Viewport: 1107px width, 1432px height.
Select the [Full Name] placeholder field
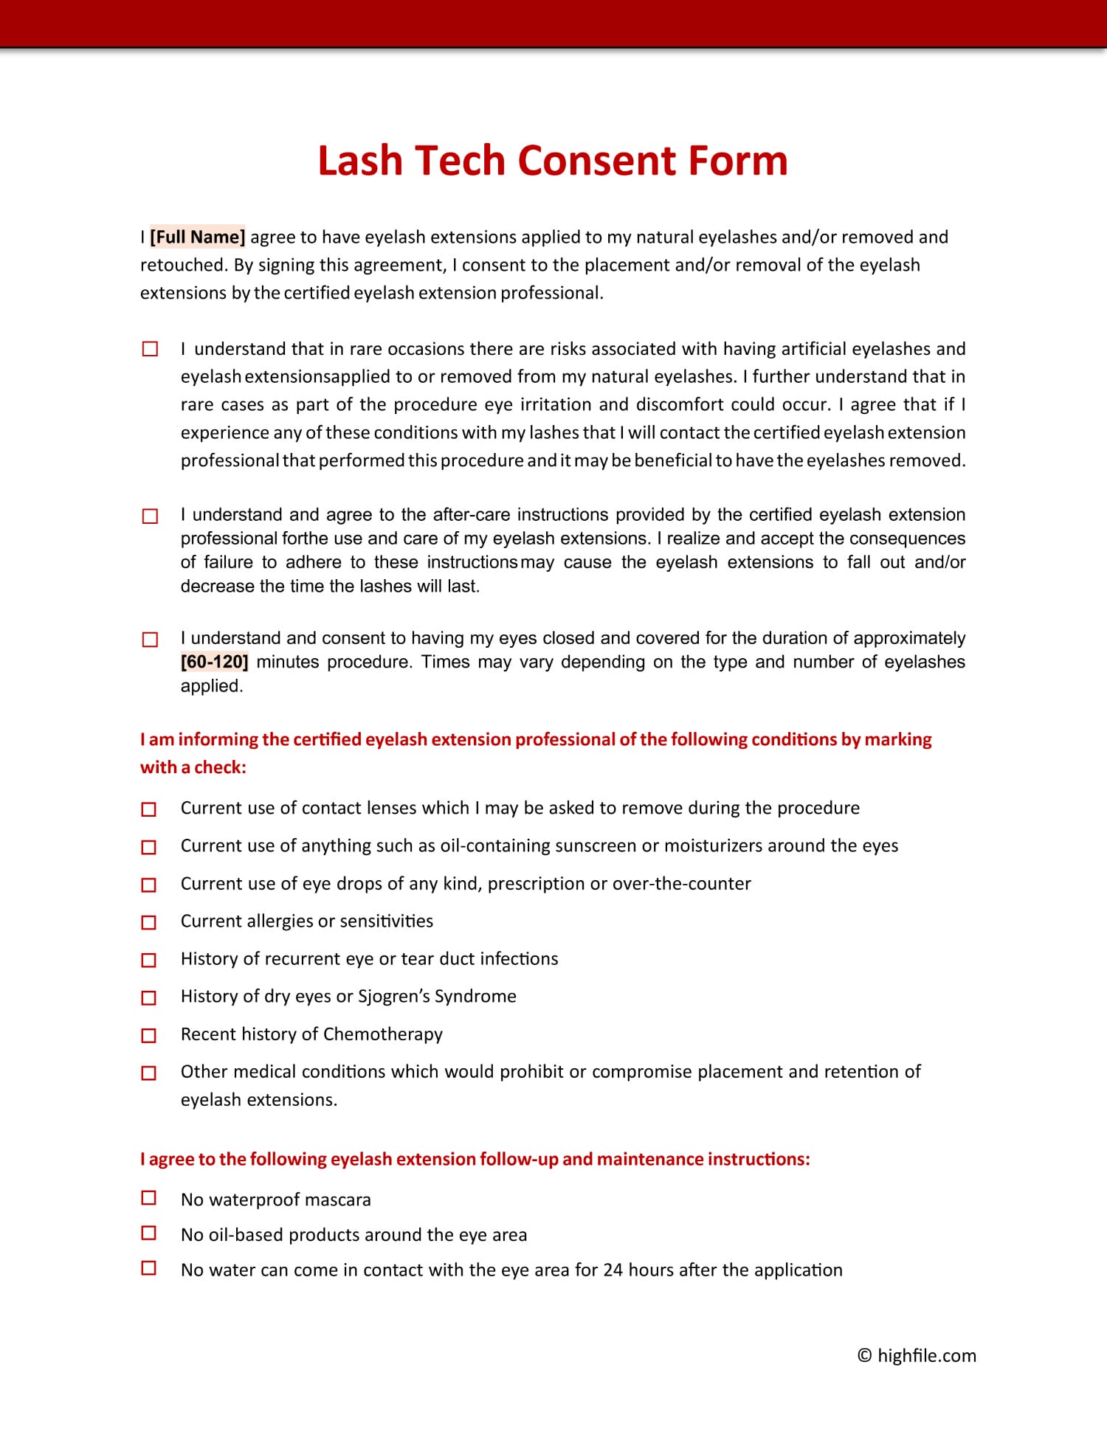pos(197,237)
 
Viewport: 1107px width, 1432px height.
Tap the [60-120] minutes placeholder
pos(214,662)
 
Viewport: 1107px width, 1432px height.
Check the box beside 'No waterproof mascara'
pos(149,1198)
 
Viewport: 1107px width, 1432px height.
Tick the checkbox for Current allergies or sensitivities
pos(149,922)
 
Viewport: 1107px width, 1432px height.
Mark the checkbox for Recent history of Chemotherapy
pos(149,1035)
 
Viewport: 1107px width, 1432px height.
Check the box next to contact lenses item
pos(149,809)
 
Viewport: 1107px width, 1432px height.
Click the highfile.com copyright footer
pos(917,1355)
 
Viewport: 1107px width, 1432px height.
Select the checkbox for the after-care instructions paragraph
pos(150,516)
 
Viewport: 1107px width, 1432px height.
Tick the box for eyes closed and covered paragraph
pos(150,639)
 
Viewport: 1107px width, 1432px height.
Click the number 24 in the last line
pos(613,1270)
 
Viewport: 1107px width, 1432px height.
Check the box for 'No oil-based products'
pos(149,1233)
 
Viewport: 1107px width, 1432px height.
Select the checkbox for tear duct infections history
pos(149,960)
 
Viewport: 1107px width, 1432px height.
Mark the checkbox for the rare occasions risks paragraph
pos(150,349)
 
